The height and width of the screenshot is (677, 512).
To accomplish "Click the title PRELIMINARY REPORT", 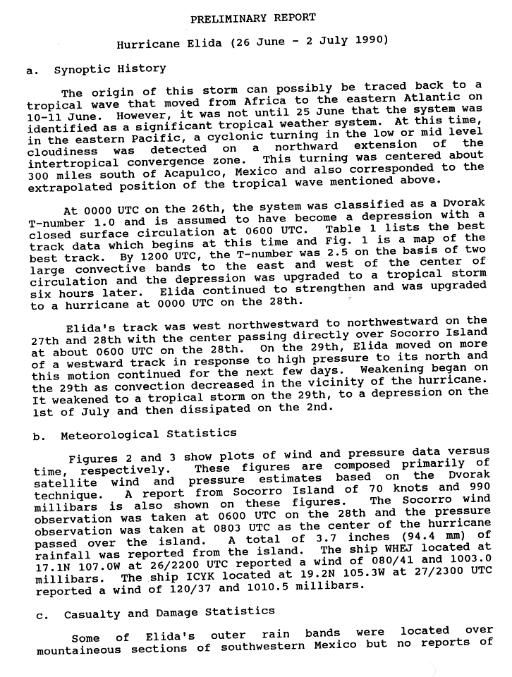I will [252, 17].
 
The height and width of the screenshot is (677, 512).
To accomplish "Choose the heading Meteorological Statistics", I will [148, 435].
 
